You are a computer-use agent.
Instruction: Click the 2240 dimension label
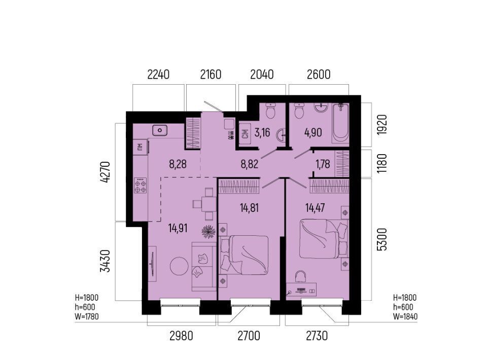158,75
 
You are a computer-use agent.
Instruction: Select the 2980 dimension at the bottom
182,336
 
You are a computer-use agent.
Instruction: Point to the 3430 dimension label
106,261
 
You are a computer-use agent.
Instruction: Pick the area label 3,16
262,132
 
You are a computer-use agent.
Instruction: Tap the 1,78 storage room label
323,164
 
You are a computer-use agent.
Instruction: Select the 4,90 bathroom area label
313,132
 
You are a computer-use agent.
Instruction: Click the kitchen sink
160,130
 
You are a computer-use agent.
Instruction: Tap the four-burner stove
141,186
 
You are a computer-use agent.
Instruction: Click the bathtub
340,124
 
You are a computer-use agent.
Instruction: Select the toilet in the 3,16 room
271,111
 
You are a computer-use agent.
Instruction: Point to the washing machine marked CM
246,134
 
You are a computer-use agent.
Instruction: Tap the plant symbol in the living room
208,232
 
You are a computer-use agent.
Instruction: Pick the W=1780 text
87,317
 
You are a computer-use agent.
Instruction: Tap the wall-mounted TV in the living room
152,264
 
